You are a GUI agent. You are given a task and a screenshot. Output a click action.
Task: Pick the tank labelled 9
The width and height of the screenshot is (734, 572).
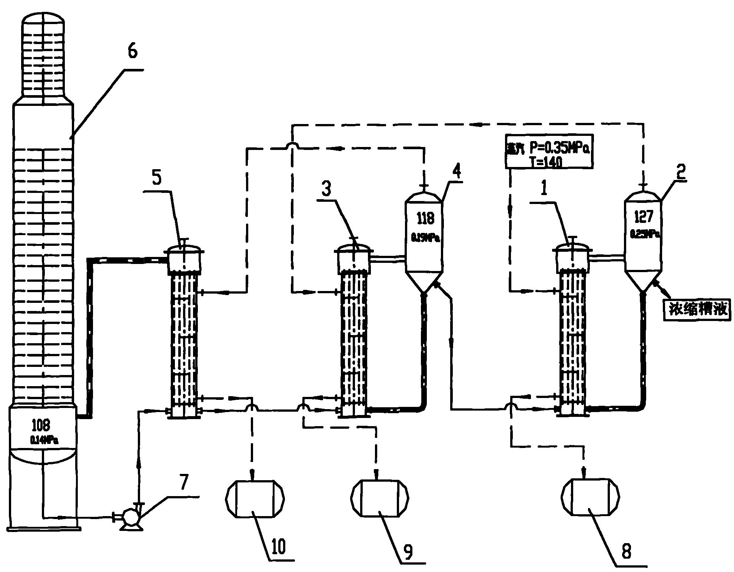[x=380, y=498]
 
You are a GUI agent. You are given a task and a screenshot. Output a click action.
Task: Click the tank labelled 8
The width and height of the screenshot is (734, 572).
[x=590, y=498]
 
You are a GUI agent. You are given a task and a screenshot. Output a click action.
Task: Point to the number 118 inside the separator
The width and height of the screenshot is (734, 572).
[x=425, y=218]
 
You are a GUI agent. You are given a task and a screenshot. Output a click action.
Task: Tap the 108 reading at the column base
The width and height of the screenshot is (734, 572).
[x=41, y=426]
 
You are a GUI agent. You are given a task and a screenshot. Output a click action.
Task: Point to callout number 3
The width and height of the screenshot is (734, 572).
[x=326, y=190]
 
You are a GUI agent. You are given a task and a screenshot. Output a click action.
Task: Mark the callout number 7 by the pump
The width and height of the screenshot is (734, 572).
[x=184, y=481]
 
